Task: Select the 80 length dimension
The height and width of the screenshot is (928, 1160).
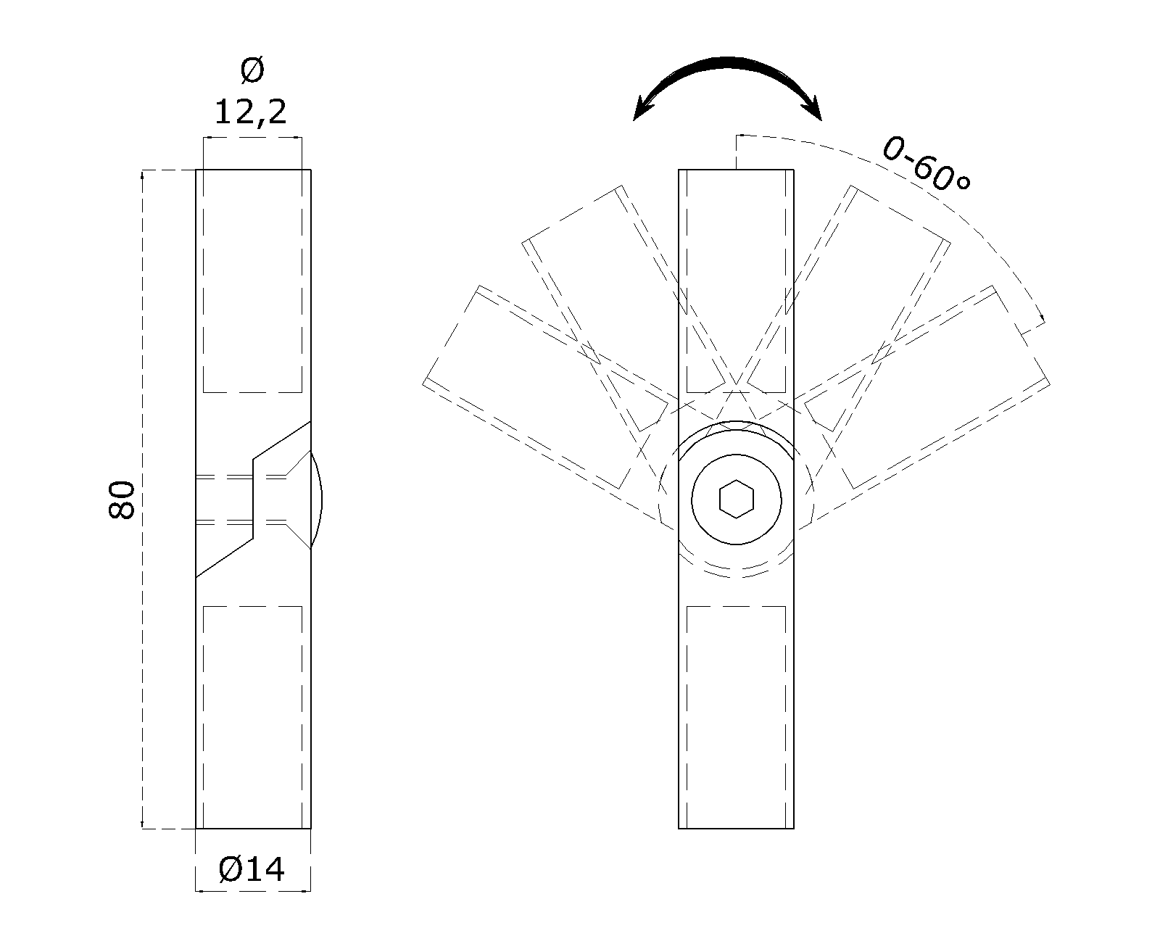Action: point(122,500)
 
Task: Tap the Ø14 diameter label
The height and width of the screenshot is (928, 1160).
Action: point(252,869)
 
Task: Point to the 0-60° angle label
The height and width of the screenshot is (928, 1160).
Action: point(926,165)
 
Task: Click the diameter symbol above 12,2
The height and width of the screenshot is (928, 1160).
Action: point(252,70)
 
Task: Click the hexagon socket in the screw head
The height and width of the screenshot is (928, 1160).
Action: point(737,499)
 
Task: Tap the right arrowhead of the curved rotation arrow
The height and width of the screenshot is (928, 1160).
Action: point(812,109)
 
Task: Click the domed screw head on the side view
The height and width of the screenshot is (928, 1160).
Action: point(316,500)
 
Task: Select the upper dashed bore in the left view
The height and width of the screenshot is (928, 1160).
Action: point(252,281)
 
